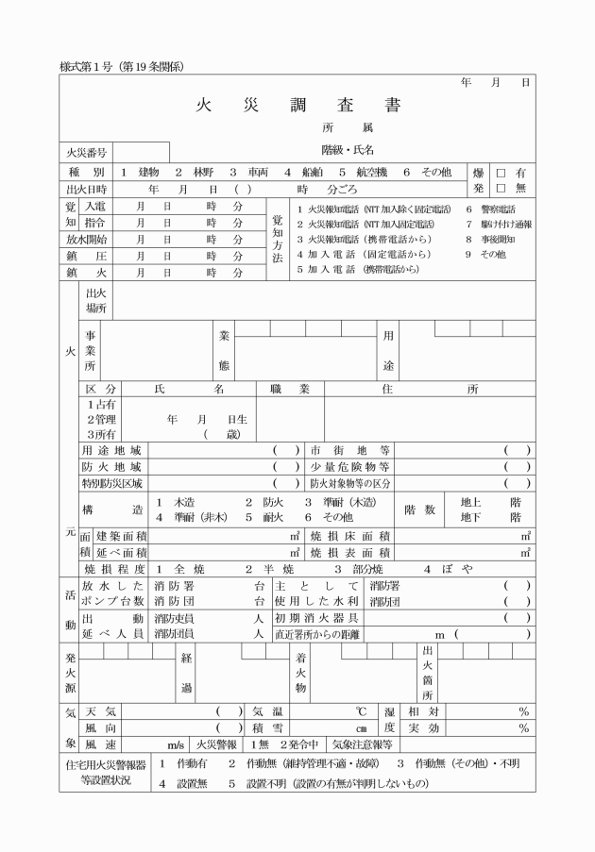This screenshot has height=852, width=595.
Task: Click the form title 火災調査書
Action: click(299, 105)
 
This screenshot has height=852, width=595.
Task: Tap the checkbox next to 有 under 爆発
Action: click(501, 173)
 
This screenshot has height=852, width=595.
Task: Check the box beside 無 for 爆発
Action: click(501, 189)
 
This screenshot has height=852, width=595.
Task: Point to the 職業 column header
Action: click(283, 389)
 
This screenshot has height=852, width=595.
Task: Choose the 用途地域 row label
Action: click(111, 450)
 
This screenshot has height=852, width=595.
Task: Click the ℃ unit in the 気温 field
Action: click(361, 710)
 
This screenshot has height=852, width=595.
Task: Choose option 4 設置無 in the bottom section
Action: click(185, 783)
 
